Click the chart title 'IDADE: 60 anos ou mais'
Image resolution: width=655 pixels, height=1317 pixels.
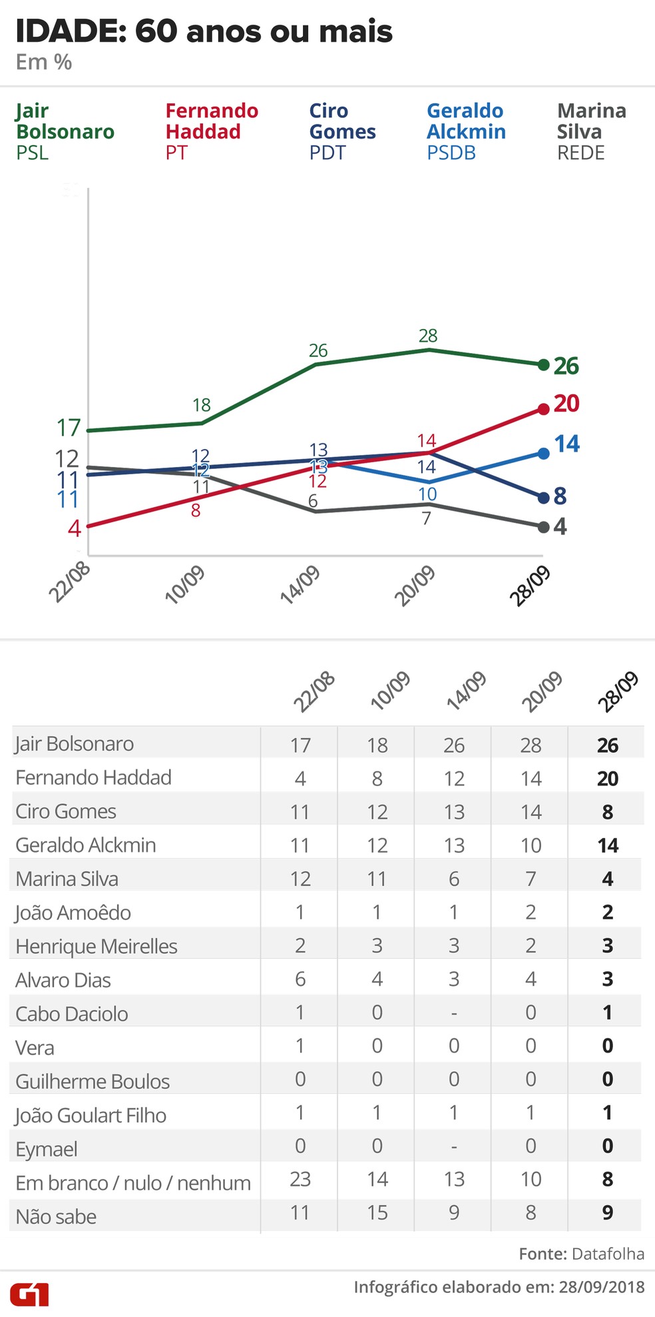204,31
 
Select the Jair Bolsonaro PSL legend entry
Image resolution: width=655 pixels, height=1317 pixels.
65,131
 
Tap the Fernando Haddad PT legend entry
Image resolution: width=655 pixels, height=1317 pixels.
212,131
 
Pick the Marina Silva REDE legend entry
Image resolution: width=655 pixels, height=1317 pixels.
591,131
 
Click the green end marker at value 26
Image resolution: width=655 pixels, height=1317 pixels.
543,365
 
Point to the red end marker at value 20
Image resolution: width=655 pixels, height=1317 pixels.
543,408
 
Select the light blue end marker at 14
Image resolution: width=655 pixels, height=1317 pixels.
543,453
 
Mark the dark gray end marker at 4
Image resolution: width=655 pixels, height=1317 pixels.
543,527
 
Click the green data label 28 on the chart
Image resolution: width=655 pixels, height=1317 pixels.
428,336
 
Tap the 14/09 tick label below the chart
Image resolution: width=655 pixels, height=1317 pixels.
300,585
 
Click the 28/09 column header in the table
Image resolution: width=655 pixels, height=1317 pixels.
618,692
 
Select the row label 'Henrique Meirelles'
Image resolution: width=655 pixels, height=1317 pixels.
97,946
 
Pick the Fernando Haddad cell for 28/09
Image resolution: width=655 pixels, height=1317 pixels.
607,778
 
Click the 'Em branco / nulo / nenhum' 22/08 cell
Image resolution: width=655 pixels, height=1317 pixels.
300,1179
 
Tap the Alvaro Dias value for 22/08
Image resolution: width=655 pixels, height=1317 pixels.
300,979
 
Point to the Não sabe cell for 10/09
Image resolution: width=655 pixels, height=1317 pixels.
377,1212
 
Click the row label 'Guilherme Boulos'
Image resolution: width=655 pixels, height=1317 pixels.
93,1081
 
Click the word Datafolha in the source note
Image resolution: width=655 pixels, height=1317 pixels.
608,1254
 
